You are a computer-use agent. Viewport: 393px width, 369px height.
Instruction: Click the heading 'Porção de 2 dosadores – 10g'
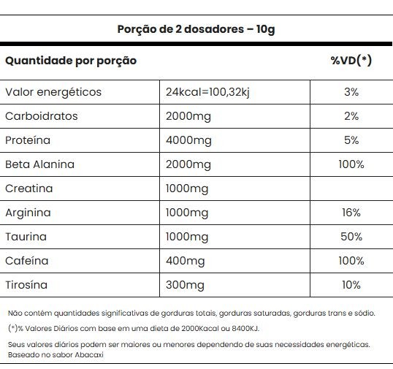(196, 29)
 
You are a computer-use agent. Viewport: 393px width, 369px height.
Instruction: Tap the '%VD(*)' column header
(351, 61)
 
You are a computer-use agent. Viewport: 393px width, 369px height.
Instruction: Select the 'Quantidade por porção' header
(71, 61)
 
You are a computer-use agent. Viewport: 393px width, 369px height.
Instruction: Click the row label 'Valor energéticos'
(53, 92)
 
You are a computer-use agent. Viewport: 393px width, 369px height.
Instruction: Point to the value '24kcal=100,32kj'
(207, 92)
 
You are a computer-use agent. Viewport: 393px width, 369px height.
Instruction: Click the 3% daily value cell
(351, 92)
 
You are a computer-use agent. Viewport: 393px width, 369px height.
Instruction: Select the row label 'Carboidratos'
(42, 116)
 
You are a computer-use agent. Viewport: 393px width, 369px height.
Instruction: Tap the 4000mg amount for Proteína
(188, 140)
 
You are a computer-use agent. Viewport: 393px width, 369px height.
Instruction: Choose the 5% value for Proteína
(351, 140)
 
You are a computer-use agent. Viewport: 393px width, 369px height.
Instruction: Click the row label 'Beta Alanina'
(40, 164)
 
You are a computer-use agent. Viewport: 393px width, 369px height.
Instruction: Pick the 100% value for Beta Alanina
(351, 164)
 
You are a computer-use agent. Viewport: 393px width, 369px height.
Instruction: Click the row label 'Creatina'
(29, 189)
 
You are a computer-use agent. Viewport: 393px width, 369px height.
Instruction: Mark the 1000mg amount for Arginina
(187, 213)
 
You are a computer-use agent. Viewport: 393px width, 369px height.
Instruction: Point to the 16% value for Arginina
(351, 213)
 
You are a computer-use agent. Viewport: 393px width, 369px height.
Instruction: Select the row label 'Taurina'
(26, 237)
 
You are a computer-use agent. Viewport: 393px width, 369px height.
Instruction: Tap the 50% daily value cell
(351, 237)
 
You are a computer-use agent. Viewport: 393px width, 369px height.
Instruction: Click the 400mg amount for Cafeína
(186, 261)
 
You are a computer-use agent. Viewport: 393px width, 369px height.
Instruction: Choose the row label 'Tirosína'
(26, 285)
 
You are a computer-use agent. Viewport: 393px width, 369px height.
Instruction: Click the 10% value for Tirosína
(351, 285)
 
